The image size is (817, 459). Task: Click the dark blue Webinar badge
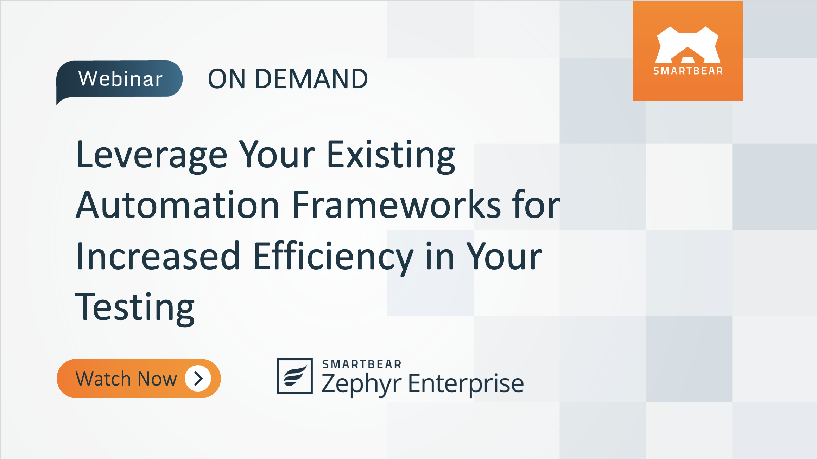click(120, 79)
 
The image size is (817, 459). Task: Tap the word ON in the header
click(227, 79)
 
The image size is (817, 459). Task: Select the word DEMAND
click(311, 79)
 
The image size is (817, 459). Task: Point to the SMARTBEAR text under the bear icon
click(688, 71)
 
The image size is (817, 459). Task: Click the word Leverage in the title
click(152, 155)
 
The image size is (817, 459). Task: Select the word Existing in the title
click(391, 155)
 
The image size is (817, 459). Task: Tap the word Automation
click(178, 205)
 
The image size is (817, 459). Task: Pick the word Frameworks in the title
click(396, 205)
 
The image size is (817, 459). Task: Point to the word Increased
click(158, 257)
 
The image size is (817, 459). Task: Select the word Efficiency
click(333, 257)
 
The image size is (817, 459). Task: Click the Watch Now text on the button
click(126, 379)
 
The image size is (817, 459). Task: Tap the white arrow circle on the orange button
click(198, 379)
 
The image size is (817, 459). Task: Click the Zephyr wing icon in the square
click(294, 376)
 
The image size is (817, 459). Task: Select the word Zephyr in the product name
click(361, 383)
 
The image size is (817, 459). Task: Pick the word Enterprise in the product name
click(466, 383)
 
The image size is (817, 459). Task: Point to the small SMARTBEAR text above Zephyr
click(362, 364)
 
